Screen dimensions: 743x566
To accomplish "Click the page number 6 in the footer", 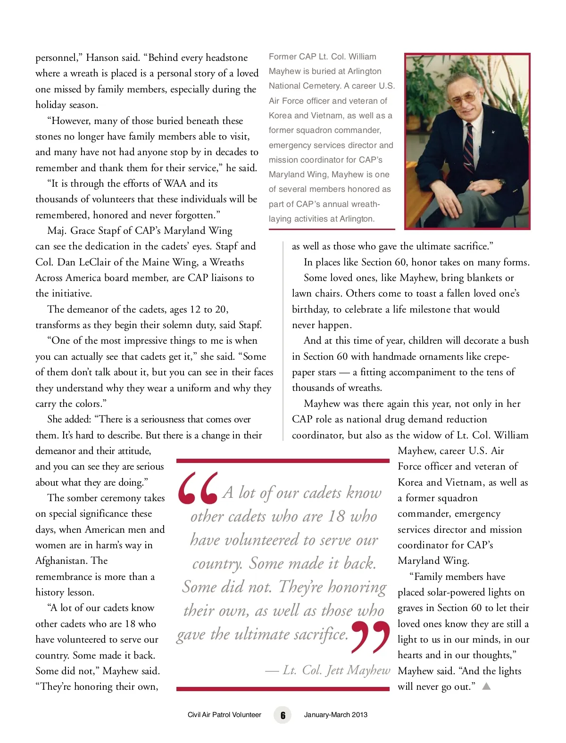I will coord(283,715).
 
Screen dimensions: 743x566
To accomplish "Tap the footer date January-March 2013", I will coord(335,715).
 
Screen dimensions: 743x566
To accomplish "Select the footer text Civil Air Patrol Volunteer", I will coord(224,715).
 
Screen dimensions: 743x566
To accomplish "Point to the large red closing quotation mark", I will coord(371,637).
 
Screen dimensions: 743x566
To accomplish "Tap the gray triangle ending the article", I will coord(486,686).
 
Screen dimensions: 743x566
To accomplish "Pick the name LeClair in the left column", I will coord(98,262).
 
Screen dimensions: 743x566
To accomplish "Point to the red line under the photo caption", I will coord(332,230).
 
